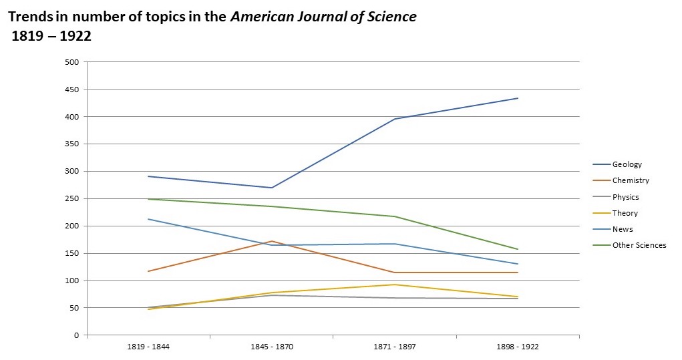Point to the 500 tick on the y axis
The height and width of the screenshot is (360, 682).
(x=71, y=62)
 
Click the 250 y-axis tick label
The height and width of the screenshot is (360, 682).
(x=71, y=198)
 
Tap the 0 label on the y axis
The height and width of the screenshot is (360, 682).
(x=76, y=335)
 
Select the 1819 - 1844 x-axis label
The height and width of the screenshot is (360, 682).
(x=148, y=347)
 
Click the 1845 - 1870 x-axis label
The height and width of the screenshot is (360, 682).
(x=271, y=347)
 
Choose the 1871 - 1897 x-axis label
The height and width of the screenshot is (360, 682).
(x=395, y=347)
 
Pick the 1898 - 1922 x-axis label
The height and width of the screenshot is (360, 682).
(x=518, y=347)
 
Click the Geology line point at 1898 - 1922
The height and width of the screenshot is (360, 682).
(x=518, y=98)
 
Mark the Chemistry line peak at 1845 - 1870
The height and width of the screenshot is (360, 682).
(x=272, y=241)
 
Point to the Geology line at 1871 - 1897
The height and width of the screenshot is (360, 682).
(x=395, y=119)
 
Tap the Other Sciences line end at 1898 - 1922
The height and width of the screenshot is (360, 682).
(x=518, y=249)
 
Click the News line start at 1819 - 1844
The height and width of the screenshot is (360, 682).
(x=148, y=219)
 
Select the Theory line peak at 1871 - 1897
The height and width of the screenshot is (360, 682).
(x=395, y=285)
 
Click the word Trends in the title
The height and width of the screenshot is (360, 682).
(x=31, y=17)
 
